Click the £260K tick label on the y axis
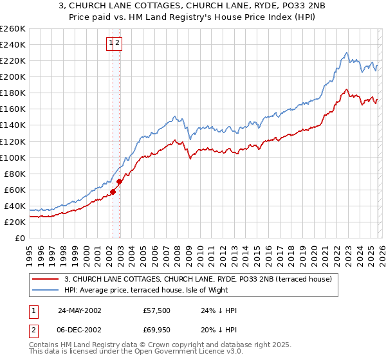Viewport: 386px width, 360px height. tap(12, 29)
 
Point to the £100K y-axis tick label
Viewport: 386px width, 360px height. tap(12, 157)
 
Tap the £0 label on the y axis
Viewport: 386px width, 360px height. tap(19, 238)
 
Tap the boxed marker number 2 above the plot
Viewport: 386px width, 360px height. tap(119, 43)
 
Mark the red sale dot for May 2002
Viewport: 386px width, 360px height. tap(113, 192)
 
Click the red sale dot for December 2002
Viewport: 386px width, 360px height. tap(119, 182)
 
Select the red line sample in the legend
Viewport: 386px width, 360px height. tap(46, 279)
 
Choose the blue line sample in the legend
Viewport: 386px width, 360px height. tap(46, 290)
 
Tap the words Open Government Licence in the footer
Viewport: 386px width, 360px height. tap(178, 354)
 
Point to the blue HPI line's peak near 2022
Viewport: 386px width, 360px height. tap(346, 53)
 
